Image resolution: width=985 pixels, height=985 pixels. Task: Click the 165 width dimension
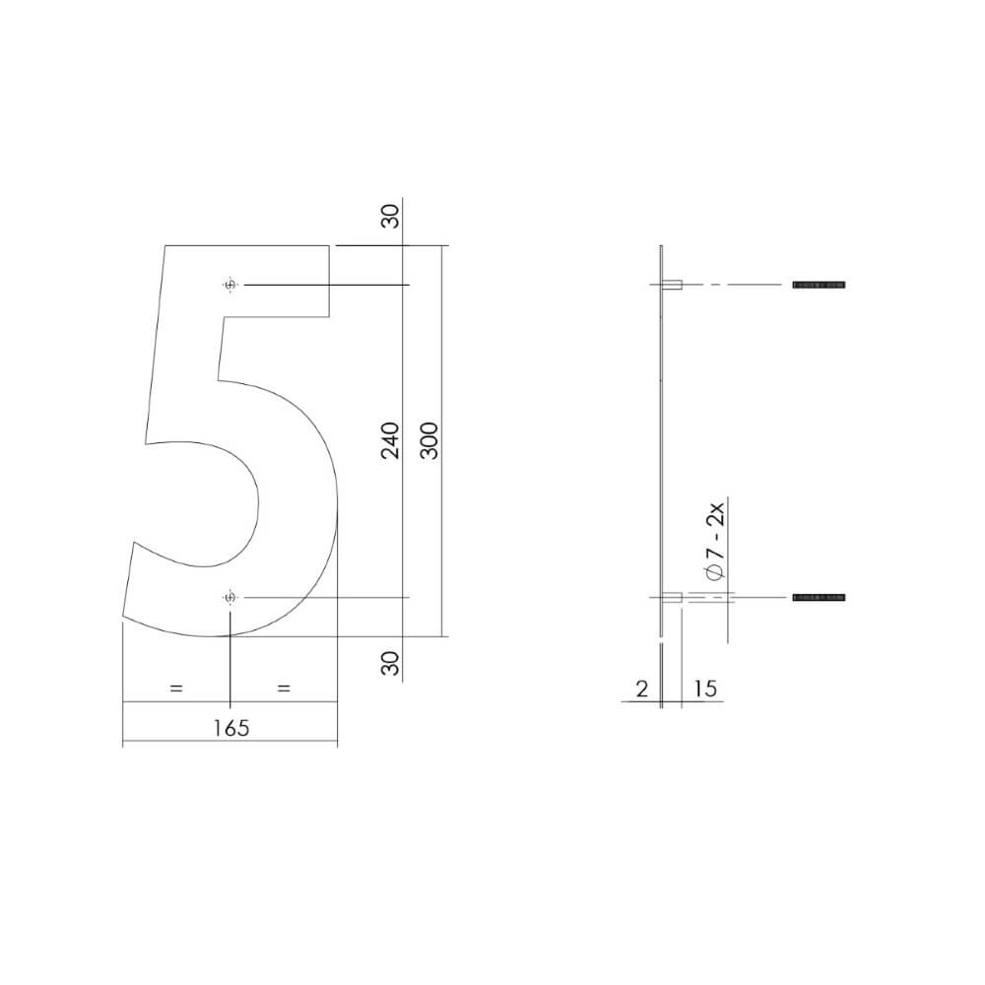pos(230,728)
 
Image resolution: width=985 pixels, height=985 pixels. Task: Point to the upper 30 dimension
pos(390,217)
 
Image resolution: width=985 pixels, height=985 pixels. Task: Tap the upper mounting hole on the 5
pos(230,285)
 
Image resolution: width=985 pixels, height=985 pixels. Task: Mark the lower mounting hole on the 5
pos(230,598)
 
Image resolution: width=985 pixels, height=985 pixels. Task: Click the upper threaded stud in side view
pos(819,285)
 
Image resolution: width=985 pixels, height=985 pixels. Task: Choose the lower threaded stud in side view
pos(819,598)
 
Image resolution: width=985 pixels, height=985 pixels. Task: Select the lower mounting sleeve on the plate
pos(673,598)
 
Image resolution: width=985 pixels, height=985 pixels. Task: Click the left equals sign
pos(176,689)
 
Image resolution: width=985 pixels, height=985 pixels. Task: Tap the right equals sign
pos(284,689)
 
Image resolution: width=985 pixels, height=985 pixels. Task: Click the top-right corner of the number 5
pos(329,245)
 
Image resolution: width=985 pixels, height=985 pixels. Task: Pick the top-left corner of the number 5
pos(165,245)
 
